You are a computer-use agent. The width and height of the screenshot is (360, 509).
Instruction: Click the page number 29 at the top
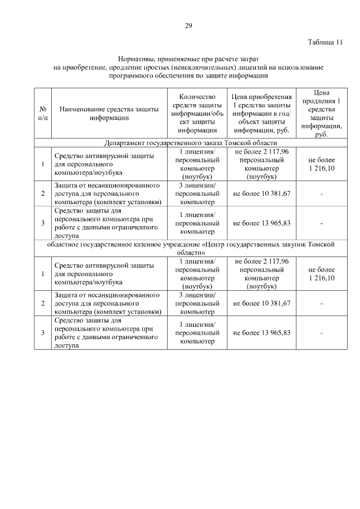[188, 24]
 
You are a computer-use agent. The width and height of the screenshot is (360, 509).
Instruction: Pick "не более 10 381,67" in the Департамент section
[262, 193]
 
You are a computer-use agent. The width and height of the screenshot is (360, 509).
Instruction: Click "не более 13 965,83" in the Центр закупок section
[262, 333]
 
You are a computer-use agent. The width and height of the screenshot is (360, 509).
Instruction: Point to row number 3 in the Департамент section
[43, 223]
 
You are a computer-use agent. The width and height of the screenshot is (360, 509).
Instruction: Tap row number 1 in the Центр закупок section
[43, 274]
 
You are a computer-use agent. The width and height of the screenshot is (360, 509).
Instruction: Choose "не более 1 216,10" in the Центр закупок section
[321, 274]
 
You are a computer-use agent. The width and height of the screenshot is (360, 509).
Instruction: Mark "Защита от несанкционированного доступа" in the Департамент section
[107, 189]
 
